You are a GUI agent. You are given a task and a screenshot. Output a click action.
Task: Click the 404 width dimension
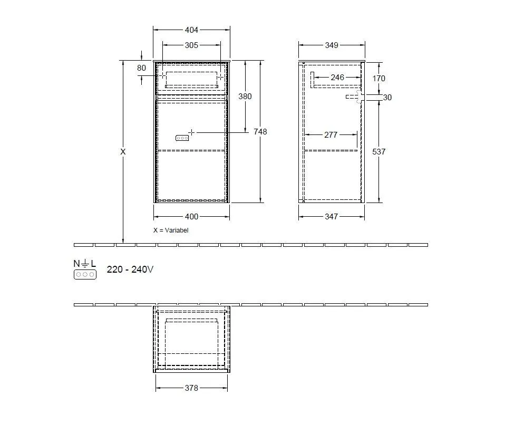click(x=191, y=30)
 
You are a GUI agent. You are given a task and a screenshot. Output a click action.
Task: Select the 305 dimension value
click(x=191, y=45)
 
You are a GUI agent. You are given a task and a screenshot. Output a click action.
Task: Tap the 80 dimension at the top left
click(x=141, y=68)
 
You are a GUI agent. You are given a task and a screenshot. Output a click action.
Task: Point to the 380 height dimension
click(x=245, y=97)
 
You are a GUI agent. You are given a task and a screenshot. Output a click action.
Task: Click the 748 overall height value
click(x=260, y=131)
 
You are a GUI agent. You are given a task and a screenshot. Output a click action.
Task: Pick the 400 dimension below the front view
click(x=191, y=216)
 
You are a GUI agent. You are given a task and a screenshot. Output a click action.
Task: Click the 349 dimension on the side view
click(x=331, y=45)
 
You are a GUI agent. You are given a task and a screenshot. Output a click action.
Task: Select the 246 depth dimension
click(x=337, y=78)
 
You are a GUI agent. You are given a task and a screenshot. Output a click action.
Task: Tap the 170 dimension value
click(x=378, y=79)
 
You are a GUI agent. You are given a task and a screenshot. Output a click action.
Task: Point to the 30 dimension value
click(x=387, y=98)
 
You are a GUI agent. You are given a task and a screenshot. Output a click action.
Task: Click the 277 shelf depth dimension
click(x=331, y=135)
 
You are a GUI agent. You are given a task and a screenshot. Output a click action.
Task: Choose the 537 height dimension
click(x=378, y=152)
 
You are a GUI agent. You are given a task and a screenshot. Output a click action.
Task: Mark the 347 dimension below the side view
click(x=331, y=216)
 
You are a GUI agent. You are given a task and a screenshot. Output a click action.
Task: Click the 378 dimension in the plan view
click(x=191, y=388)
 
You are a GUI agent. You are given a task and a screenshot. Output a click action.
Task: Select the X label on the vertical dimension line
click(x=123, y=151)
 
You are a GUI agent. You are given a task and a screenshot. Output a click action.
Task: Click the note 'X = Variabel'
click(x=171, y=230)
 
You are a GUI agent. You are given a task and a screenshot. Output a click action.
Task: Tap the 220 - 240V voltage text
click(x=130, y=269)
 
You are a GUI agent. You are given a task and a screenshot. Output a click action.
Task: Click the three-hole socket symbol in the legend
click(x=85, y=275)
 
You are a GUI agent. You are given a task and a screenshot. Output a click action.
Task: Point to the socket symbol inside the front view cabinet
click(x=182, y=138)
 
